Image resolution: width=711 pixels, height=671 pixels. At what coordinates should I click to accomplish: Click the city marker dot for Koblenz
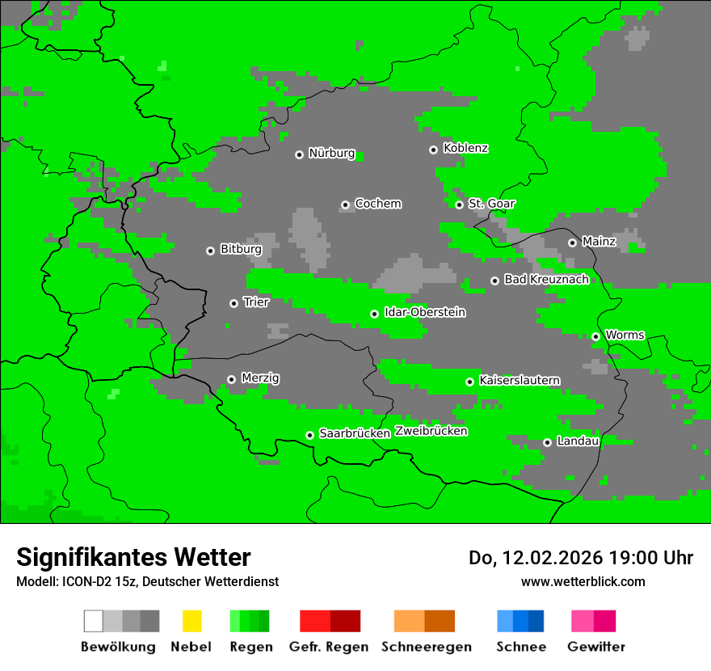pos(433,150)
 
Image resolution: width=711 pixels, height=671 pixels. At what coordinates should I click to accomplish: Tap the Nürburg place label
pos(331,154)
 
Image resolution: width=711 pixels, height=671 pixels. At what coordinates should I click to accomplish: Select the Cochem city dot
pos(345,205)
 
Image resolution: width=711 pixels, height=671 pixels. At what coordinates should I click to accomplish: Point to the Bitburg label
pos(241,250)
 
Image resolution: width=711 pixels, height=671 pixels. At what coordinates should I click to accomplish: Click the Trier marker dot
pos(233,303)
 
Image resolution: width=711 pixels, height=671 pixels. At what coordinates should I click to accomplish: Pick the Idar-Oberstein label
pos(424,313)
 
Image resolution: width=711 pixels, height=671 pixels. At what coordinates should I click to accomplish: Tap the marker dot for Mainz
pos(572,243)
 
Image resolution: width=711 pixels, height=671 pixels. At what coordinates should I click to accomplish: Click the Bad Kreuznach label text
pos(546,280)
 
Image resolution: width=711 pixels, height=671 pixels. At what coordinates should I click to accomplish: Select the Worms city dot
pos(595,336)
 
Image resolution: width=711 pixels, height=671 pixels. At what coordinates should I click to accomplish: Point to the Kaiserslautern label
pos(519,381)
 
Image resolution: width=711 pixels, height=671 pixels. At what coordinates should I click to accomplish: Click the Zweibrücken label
pos(431,431)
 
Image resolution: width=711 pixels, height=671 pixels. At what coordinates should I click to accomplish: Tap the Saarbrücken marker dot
pos(309,435)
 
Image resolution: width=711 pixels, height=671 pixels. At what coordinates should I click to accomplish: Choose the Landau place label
pos(578,441)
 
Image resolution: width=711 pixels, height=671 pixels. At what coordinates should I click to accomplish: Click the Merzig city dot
pos(231,379)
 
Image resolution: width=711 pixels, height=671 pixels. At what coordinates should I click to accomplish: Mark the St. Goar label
pos(491,204)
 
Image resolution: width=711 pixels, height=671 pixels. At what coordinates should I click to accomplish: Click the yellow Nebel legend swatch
pos(191,621)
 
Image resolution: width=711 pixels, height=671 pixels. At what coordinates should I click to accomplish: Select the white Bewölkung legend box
pos(94,621)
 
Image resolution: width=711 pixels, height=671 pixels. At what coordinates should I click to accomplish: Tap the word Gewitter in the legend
pos(595,647)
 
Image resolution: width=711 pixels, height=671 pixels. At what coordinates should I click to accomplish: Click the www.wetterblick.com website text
pos(583,581)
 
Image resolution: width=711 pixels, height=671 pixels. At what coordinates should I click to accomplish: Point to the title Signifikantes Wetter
pos(133,557)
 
